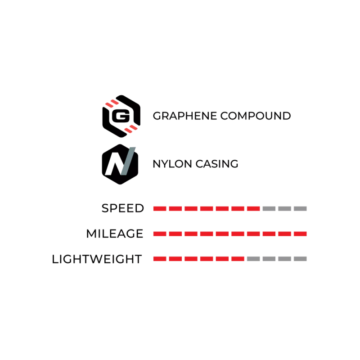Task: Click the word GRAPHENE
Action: click(185, 116)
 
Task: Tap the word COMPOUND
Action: click(256, 116)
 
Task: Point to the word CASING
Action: click(217, 164)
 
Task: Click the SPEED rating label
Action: click(123, 208)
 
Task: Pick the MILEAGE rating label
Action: click(115, 234)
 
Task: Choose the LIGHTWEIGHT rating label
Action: click(97, 259)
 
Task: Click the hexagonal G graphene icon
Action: click(121, 116)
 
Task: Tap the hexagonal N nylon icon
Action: click(120, 164)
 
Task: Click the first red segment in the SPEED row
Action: click(160, 209)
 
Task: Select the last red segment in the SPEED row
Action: click(253, 209)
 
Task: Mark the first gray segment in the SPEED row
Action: click(269, 209)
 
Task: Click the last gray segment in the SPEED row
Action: click(300, 209)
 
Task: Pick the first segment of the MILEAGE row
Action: click(160, 234)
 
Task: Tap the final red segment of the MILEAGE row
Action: click(300, 234)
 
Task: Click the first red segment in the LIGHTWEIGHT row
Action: click(160, 259)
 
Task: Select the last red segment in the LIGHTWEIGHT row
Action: click(238, 259)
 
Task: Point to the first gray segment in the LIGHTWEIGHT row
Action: click(253, 259)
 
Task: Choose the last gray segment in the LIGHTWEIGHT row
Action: click(300, 259)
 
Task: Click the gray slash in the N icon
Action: click(128, 161)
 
